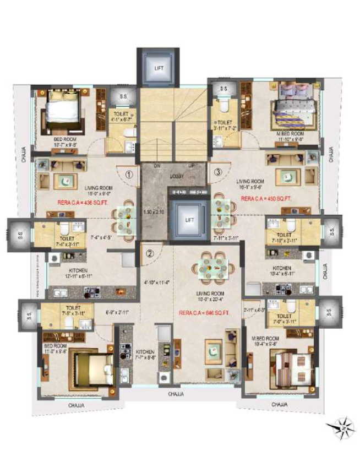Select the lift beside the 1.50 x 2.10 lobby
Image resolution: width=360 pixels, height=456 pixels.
pos(189,220)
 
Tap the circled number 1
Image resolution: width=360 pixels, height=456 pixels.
pos(129,175)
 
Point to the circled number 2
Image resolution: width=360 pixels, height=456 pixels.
pos(150,254)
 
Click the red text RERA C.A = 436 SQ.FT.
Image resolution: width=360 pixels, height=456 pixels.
pos(79,203)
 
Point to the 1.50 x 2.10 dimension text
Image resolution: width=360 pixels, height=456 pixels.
pos(154,211)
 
